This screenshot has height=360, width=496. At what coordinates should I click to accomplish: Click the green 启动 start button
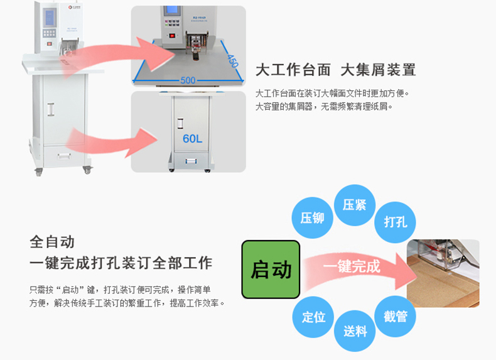coord(271,270)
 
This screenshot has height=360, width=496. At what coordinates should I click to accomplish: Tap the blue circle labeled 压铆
coord(312,218)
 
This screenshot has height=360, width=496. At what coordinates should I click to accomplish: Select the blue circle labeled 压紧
coord(355,205)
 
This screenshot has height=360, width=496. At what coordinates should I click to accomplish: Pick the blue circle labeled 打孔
coord(396,222)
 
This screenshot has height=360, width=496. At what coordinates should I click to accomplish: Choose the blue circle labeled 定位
coord(313,317)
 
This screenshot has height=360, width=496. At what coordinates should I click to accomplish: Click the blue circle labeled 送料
coord(355,330)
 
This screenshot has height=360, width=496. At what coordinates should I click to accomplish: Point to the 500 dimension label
coord(188,80)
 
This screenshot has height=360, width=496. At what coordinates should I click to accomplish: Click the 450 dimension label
coord(233,61)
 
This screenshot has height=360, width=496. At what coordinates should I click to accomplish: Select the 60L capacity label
coord(192,138)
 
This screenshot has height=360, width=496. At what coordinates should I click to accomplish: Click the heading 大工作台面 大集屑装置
coord(335,70)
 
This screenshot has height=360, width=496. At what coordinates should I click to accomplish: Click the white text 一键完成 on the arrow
coord(352,266)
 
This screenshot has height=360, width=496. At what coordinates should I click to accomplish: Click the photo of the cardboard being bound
coord(443,274)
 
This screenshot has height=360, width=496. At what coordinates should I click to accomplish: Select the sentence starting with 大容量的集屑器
coord(324,107)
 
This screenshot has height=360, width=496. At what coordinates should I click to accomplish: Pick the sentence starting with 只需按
coord(120,290)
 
